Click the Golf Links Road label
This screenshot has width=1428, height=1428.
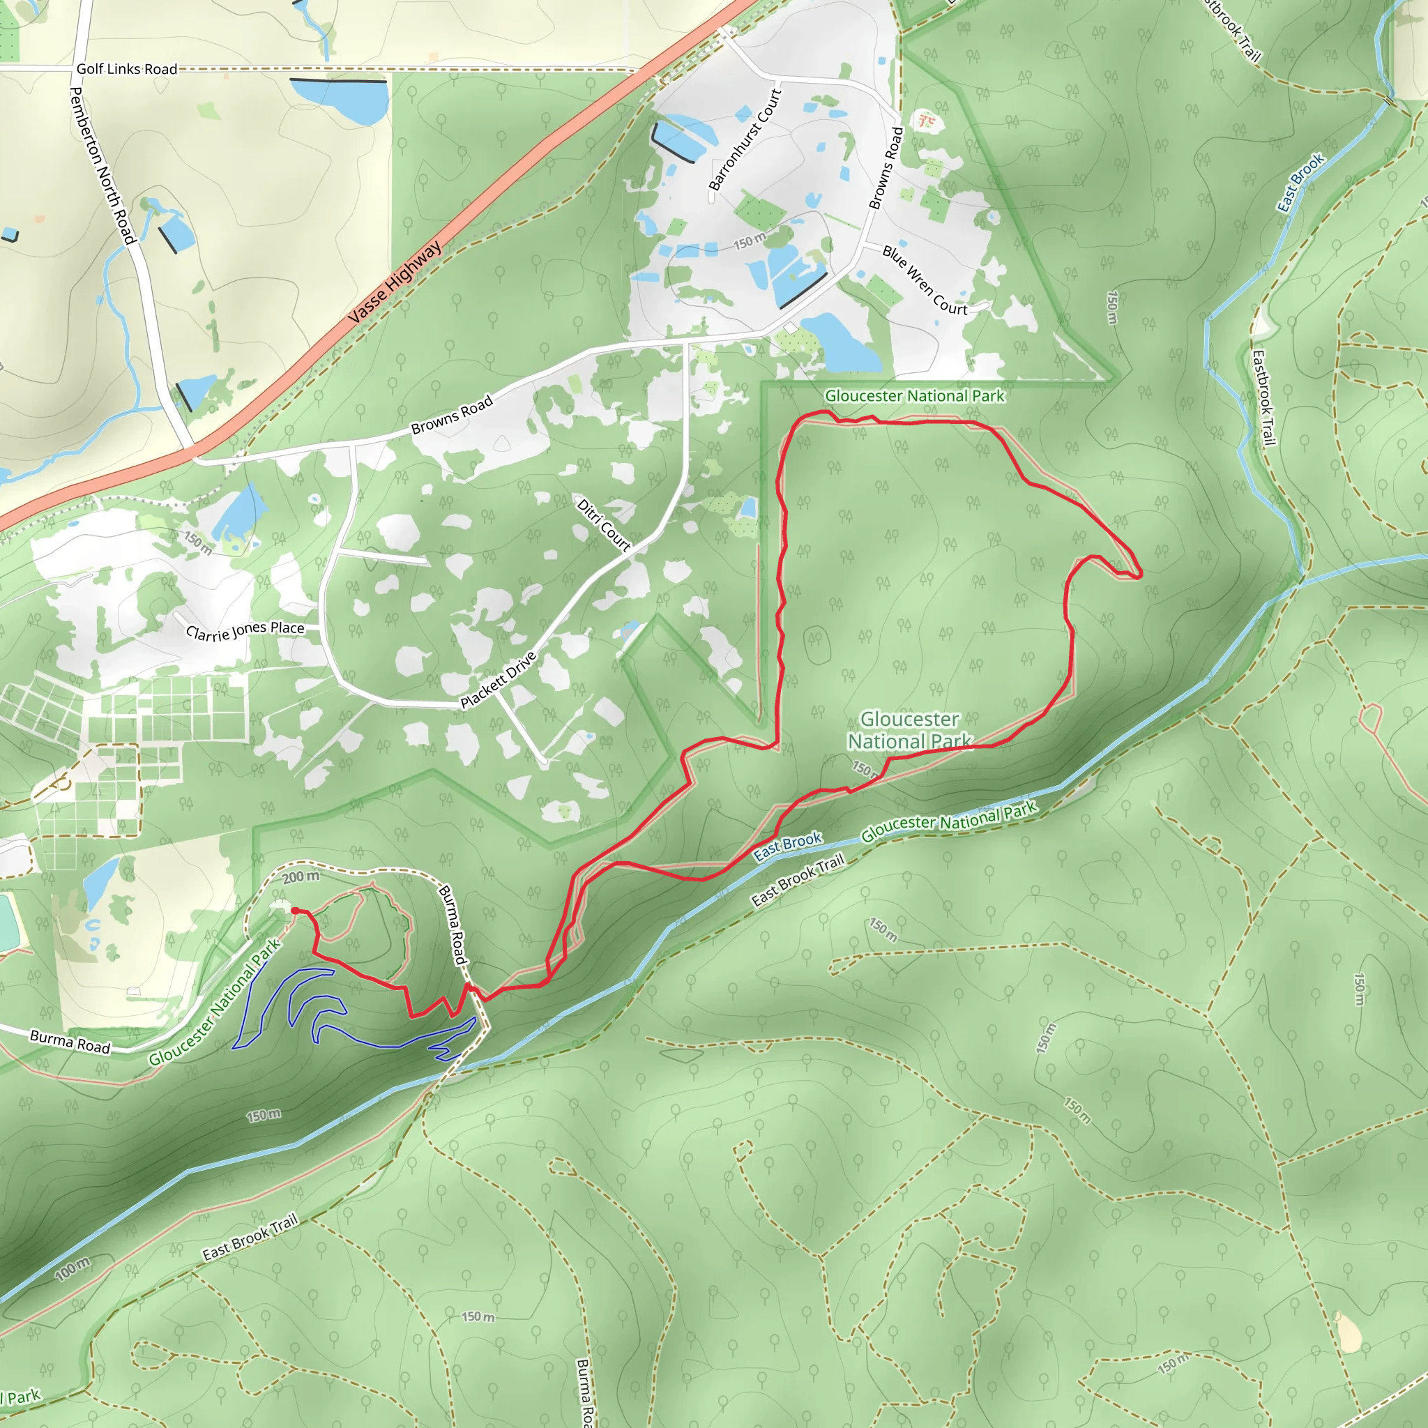126,69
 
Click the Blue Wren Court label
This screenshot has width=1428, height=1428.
925,281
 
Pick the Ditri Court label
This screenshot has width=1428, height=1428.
603,526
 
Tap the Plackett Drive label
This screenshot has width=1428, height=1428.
497,680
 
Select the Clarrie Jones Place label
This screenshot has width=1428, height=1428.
245,631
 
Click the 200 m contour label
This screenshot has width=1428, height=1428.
301,876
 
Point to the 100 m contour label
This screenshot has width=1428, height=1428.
73,1268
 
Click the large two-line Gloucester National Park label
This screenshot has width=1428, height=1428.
909,729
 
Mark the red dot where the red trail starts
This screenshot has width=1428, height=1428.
295,911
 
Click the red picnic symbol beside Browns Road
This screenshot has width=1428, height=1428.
924,119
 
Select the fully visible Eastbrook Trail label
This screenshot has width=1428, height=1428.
1263,397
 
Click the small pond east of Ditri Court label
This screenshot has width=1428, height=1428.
748,508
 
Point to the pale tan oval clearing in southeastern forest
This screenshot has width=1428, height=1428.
1349,1332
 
